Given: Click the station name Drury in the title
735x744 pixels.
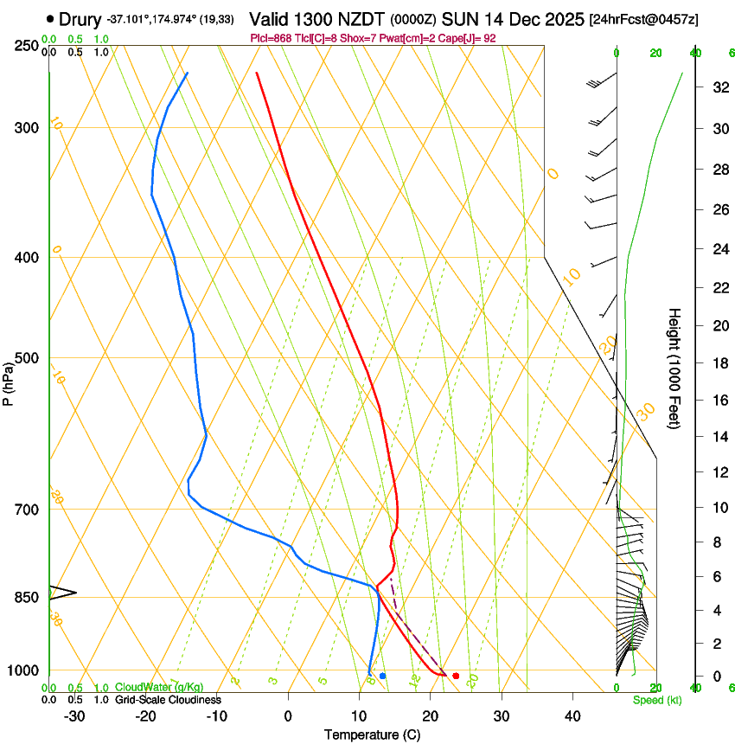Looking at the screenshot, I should (80, 18).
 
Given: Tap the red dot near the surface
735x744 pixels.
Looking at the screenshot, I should (456, 676).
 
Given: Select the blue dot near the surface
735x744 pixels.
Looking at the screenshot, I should (382, 676).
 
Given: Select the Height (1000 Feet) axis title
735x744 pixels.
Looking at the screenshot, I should (674, 368).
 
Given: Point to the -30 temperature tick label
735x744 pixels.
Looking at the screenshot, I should (74, 716).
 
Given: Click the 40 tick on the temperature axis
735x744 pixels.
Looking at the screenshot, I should (572, 716).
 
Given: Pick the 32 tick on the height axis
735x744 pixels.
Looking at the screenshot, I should (717, 87).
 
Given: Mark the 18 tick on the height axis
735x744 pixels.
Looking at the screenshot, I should (717, 363).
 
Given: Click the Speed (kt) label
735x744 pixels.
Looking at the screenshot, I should (656, 700).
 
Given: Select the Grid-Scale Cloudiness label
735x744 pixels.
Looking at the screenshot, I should (168, 700).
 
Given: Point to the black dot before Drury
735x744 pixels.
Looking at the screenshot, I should (50, 18).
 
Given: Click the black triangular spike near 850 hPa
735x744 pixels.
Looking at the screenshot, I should (62, 593).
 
